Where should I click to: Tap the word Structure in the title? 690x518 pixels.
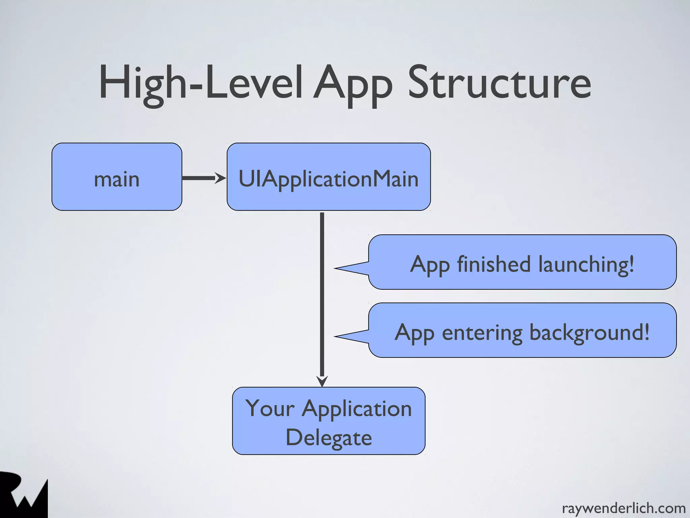(499, 83)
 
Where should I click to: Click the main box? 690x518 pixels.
(117, 177)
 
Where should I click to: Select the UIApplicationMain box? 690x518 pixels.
(328, 177)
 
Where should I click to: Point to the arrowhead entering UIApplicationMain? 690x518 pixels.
(221, 178)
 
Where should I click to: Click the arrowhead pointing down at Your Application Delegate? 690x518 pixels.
(322, 381)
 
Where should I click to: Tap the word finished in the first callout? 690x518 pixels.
(494, 264)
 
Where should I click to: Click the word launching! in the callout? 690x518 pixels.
(586, 264)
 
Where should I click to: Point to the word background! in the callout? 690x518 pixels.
(589, 332)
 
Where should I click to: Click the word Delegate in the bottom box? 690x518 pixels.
(328, 438)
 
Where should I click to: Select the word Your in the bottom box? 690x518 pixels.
(270, 409)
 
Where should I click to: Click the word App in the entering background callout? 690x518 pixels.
(414, 333)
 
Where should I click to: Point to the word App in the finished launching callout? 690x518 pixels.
(430, 265)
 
